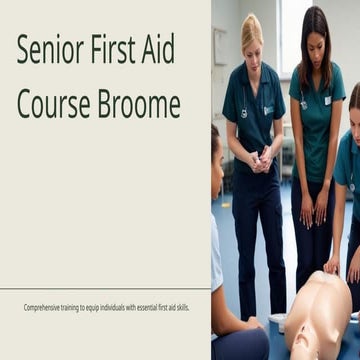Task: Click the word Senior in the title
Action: [49, 49]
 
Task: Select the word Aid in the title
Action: [168, 49]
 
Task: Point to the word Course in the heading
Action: [53, 103]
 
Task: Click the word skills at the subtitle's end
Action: [180, 307]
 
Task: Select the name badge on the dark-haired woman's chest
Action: [327, 100]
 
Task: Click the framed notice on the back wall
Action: [219, 46]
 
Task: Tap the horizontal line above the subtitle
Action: [105, 290]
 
